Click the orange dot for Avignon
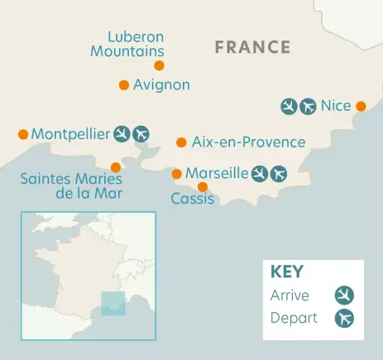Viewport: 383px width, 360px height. (x=123, y=84)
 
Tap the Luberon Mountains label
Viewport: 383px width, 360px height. (x=136, y=44)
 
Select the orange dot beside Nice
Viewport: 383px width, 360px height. (x=361, y=106)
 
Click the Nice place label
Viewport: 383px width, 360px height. (x=336, y=106)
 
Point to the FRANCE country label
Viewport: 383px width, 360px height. (x=252, y=47)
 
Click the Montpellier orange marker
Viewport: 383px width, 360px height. (x=23, y=134)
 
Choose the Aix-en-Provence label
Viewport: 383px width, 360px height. (x=248, y=142)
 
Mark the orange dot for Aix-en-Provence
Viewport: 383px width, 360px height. (x=181, y=142)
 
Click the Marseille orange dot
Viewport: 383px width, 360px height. (x=176, y=174)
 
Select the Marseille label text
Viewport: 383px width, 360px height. (x=217, y=173)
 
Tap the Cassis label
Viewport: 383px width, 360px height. (x=192, y=199)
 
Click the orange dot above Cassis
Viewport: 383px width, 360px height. (x=203, y=186)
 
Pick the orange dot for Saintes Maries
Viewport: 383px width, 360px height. (x=115, y=167)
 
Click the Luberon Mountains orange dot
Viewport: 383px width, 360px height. (x=159, y=65)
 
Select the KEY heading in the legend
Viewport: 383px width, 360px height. (x=286, y=271)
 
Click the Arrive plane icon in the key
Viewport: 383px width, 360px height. (x=343, y=295)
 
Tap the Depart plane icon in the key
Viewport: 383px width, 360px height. (x=343, y=319)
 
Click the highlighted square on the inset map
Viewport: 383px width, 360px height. (x=113, y=303)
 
